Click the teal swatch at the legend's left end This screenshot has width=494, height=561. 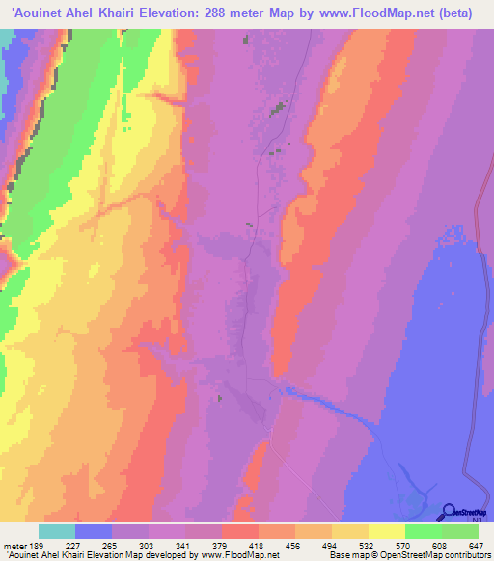[x=56, y=531]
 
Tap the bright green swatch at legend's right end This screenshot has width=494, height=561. [x=460, y=531]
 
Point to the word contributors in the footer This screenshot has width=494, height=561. [x=460, y=555]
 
